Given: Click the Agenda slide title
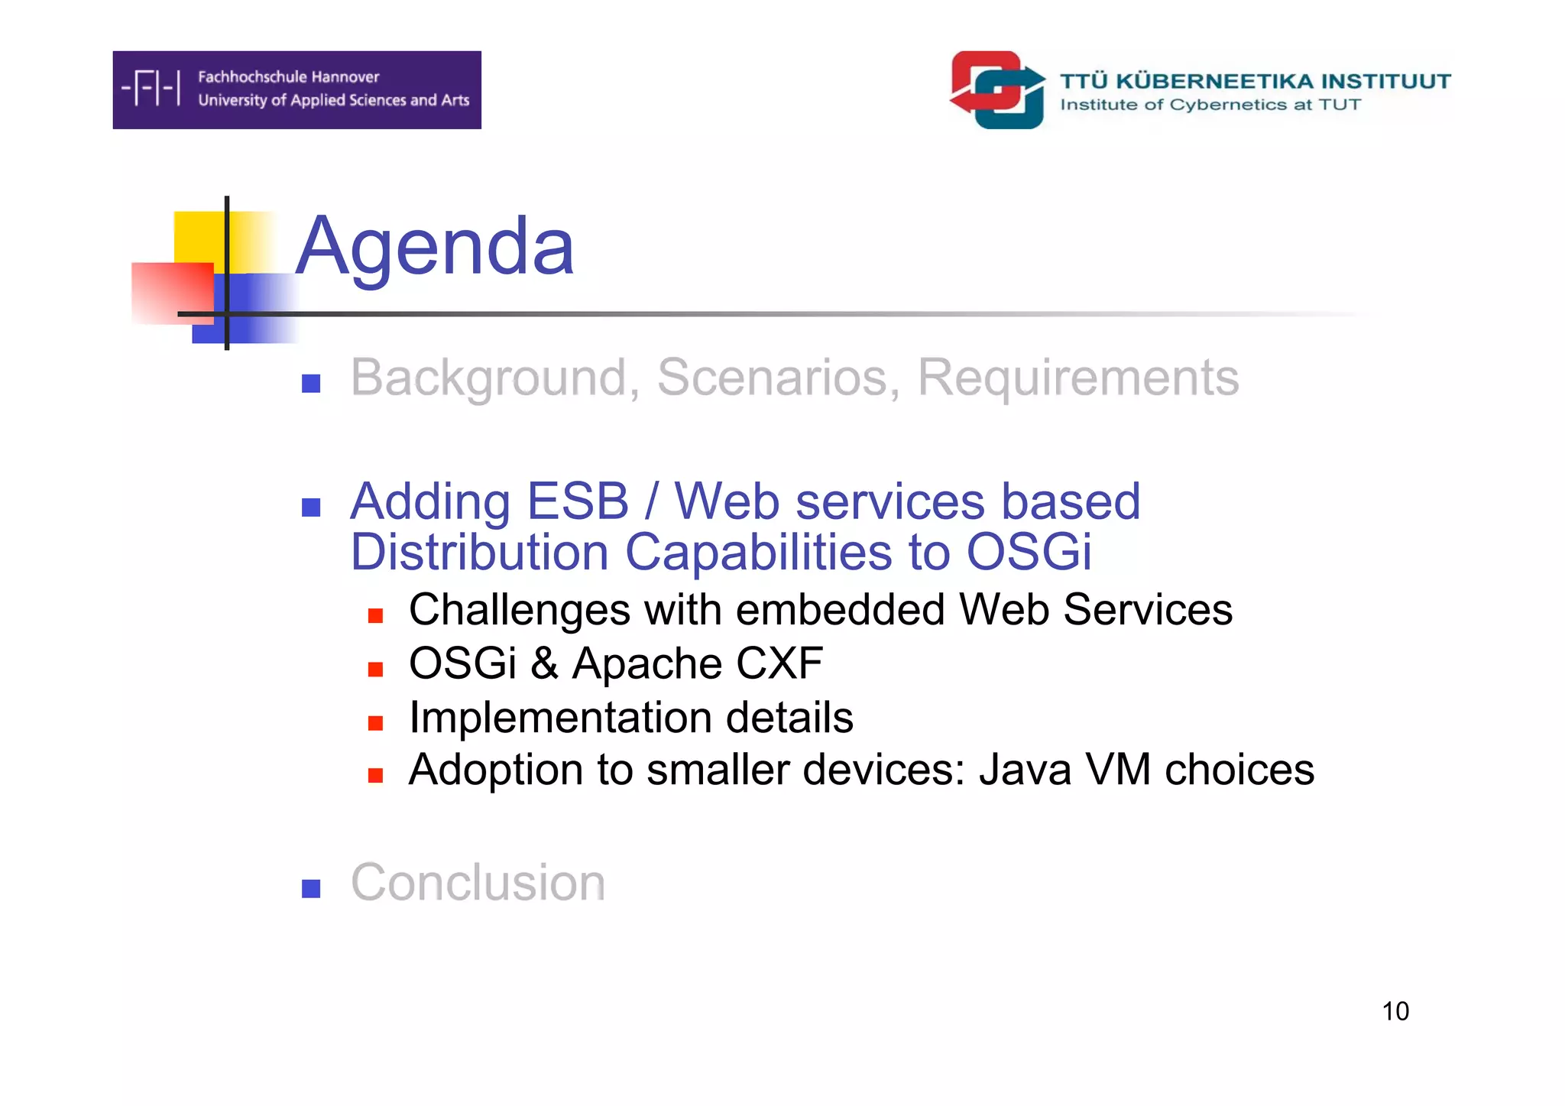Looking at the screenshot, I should (x=434, y=246).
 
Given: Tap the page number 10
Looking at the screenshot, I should (x=1395, y=1011).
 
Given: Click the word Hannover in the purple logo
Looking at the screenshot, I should (x=345, y=76).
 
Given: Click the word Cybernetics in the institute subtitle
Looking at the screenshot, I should (x=1228, y=105).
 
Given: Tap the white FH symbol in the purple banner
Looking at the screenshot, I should (x=151, y=88).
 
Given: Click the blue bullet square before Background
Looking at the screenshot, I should (x=311, y=383).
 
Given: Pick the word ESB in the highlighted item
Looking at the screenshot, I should (x=578, y=501).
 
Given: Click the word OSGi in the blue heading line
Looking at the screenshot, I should (x=1029, y=552).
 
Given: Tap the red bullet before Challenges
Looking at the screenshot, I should (x=375, y=615).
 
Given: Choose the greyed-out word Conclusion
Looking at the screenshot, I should (x=478, y=882).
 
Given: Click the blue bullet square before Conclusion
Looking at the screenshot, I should (x=311, y=888).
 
